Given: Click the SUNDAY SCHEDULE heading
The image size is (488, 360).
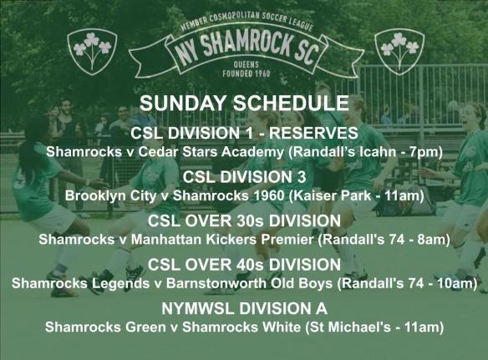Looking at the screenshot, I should click(243, 105).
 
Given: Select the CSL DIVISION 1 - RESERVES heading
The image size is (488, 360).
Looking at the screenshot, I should click(243, 134).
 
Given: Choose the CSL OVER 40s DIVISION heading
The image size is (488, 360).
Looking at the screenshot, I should click(243, 265).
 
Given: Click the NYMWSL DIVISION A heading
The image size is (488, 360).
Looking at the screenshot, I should click(243, 308).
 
